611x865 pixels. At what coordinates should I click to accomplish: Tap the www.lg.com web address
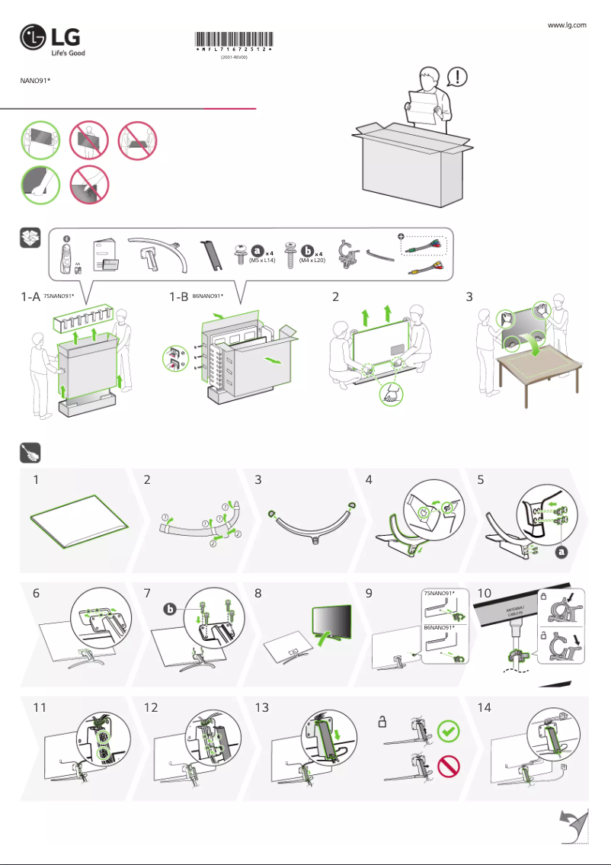coord(567,25)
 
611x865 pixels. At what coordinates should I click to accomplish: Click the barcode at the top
coord(234,41)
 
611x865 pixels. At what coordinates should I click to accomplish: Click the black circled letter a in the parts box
coord(258,250)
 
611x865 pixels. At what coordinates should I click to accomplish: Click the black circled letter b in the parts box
coord(308,250)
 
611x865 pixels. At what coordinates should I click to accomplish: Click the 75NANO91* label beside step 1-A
coord(59,296)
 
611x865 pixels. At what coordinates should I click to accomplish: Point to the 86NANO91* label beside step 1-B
coord(209,296)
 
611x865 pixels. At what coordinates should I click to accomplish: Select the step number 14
coord(483,707)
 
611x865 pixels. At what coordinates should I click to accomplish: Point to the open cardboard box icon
coord(29,239)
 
